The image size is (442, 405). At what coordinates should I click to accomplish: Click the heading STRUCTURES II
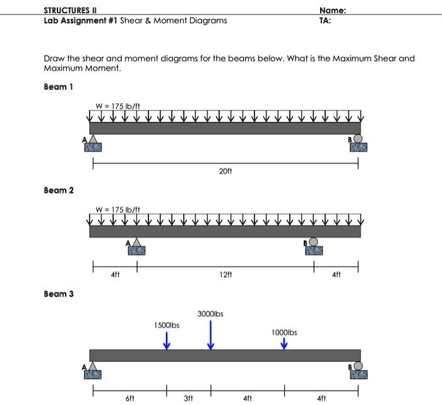click(69, 9)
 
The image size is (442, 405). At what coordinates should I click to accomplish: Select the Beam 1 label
click(58, 87)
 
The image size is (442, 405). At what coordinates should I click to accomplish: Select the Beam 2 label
click(58, 190)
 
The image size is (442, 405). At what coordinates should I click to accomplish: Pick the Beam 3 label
click(58, 294)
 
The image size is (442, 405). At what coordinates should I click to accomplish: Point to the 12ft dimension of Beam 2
click(225, 275)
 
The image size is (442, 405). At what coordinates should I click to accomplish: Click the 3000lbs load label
click(211, 313)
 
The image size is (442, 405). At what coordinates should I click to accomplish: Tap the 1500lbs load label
click(167, 325)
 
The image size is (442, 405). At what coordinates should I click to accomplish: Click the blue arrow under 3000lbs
click(211, 334)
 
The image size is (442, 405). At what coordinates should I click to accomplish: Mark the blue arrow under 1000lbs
click(284, 343)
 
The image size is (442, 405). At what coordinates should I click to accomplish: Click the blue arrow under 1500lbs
click(167, 341)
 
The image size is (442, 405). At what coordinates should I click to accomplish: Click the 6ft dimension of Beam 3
click(129, 399)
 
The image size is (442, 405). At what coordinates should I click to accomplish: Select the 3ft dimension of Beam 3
click(188, 399)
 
